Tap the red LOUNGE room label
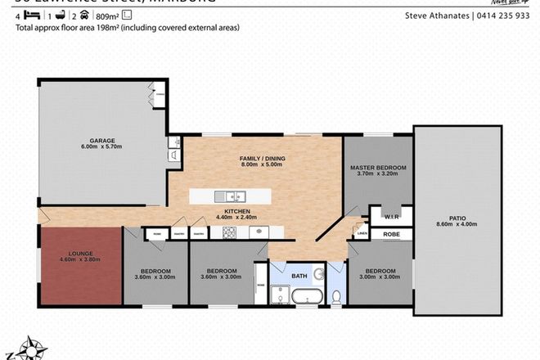tap(80, 254)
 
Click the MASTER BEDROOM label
tap(377, 169)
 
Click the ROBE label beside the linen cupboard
tap(389, 234)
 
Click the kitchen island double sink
tap(234, 196)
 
